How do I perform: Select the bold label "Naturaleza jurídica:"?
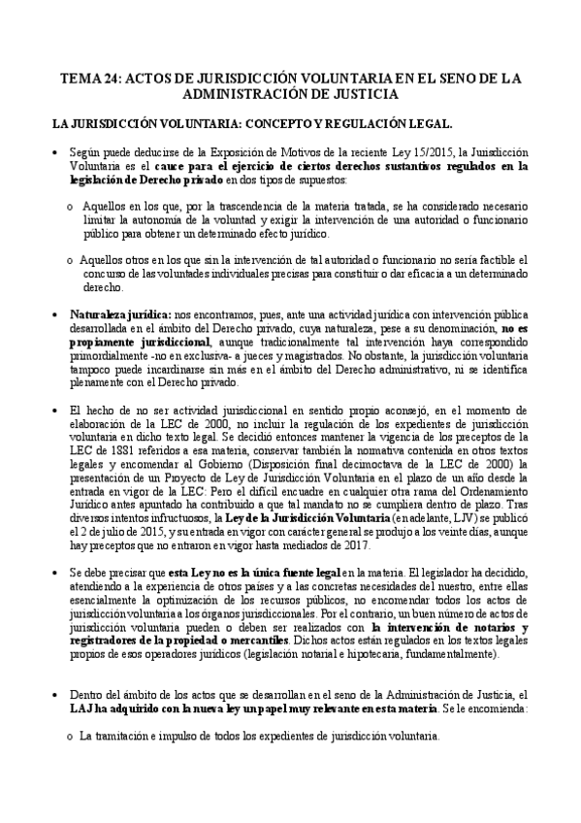118,315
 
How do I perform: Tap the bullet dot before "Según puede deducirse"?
57,152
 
